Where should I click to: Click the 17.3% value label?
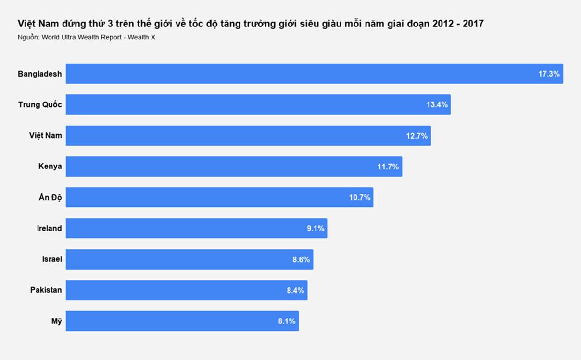pos(549,74)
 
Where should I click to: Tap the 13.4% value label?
pos(437,105)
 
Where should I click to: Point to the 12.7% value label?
pos(417,136)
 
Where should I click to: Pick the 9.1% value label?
pos(316,229)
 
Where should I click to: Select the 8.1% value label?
pos(287,321)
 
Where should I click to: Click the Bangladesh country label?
pos(40,74)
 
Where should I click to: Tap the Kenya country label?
pos(50,167)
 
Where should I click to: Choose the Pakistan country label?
pos(46,290)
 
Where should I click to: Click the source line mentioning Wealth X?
pos(87,38)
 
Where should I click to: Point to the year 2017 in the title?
pos(473,24)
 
